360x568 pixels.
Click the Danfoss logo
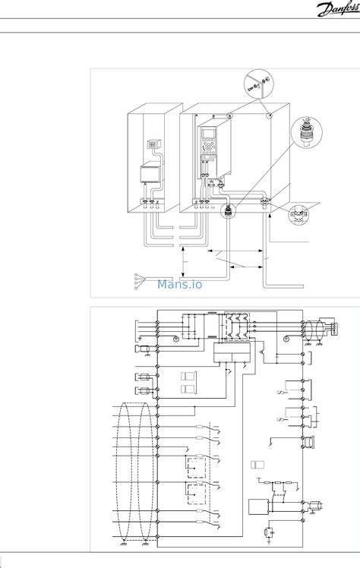[338, 9]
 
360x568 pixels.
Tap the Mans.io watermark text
[180, 284]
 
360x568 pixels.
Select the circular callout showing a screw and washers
[258, 84]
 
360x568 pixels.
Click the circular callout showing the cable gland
[306, 132]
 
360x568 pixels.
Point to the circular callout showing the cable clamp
[298, 215]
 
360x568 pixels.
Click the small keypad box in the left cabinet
[154, 144]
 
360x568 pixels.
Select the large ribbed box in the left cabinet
[150, 174]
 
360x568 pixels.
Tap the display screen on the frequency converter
[208, 134]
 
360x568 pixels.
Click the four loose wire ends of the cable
[141, 281]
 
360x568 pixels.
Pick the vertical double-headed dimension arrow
[183, 262]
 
